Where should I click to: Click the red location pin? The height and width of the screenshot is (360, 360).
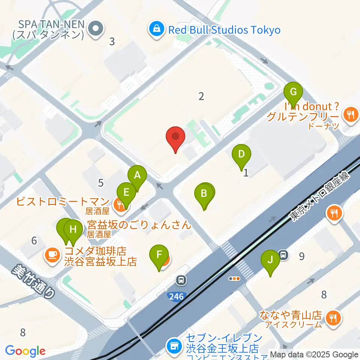[175, 137]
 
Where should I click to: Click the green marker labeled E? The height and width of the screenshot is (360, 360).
[126, 193]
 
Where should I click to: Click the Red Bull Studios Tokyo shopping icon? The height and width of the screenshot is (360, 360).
[156, 30]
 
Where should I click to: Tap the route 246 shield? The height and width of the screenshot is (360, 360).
[176, 297]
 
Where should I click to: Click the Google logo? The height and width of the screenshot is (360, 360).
[25, 351]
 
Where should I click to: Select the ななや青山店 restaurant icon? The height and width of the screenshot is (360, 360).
[332, 318]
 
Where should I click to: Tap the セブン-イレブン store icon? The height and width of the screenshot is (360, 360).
[175, 345]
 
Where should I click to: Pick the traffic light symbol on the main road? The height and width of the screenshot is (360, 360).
[234, 279]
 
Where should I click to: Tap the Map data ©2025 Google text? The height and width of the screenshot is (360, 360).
[314, 355]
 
